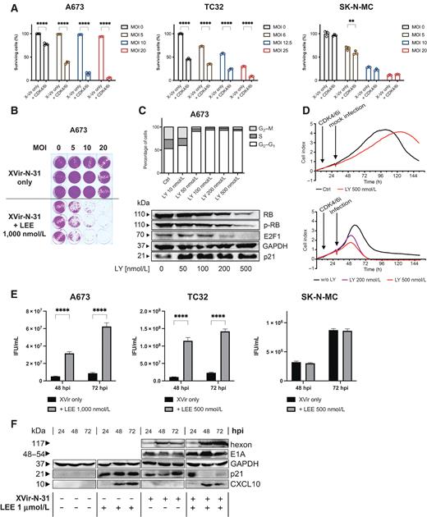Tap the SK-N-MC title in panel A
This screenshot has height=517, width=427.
pyautogui.click(x=360, y=6)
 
